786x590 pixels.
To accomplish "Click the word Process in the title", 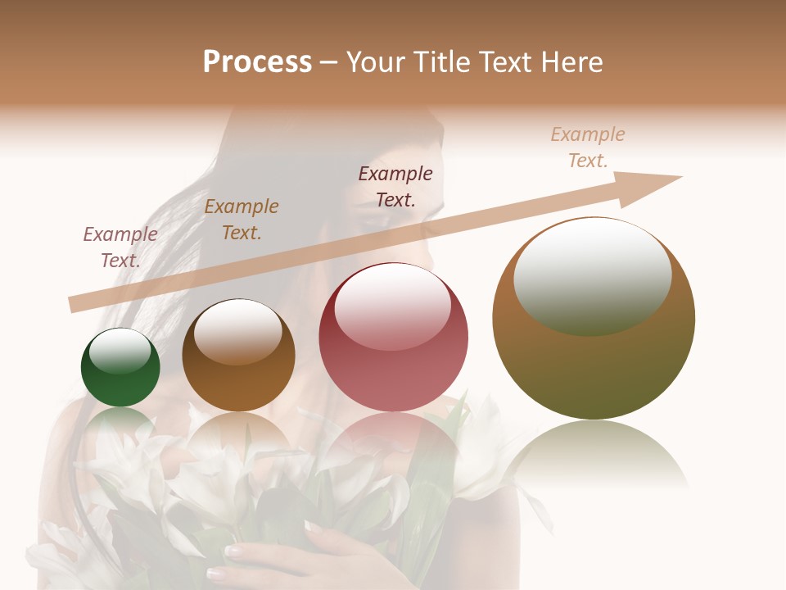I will coord(257,61).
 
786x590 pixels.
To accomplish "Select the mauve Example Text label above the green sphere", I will coord(120,247).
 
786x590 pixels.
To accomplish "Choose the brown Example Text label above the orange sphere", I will coord(242,219).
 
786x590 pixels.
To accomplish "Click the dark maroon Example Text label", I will coord(395,186).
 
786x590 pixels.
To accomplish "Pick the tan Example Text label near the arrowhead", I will coord(588,147).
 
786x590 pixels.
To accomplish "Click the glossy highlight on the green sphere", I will coord(120,351).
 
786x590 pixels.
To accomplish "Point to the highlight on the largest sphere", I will coord(592,277).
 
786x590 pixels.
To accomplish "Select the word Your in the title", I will coord(377,61).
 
